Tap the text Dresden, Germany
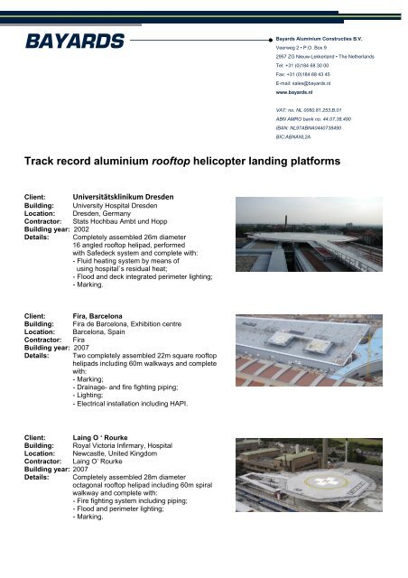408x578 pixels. point(101,213)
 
